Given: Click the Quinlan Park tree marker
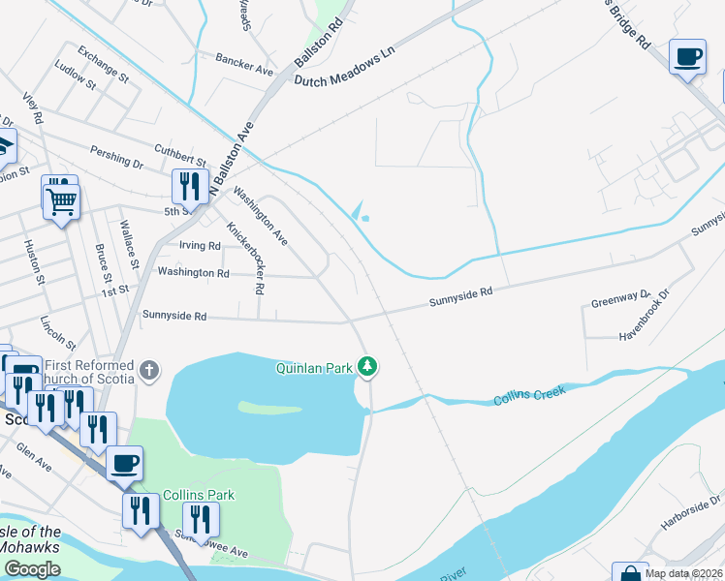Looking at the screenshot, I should pyautogui.click(x=367, y=366).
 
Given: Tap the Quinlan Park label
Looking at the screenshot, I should pyautogui.click(x=313, y=367).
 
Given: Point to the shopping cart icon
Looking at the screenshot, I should pyautogui.click(x=60, y=200).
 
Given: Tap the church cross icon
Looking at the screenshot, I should pyautogui.click(x=148, y=369).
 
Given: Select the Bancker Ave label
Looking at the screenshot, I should pyautogui.click(x=244, y=69).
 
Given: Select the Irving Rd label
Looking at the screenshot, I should pyautogui.click(x=201, y=246).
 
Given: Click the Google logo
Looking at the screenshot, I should pyautogui.click(x=32, y=569).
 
